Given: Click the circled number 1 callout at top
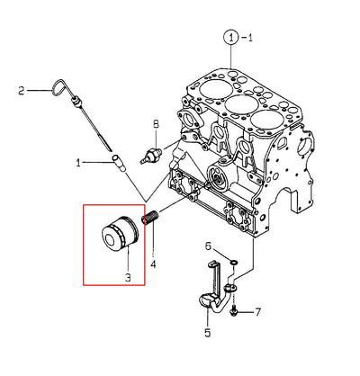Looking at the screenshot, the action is pos(230,38).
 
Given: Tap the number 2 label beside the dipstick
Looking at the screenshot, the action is pos(21,90).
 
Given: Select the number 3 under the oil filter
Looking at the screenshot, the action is pos(128,277).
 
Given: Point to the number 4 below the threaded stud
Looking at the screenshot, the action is pos(153,264).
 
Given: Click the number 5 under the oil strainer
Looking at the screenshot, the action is pos(208,333).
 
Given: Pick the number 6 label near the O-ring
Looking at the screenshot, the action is pos(208,246).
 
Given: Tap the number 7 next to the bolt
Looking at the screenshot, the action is pos(257,312).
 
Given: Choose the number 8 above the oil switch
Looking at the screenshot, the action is pos(156,124).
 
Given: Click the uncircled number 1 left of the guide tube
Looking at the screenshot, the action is pos(78,163).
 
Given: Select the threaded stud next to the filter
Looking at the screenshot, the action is pos(149,218).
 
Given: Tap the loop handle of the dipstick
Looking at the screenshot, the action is pos(59,87).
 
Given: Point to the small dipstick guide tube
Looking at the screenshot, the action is pos(118,164).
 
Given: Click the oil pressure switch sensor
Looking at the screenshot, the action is pos(151,156).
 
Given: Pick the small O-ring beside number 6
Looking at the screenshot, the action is pos(234,263).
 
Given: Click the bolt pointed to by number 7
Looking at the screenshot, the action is pos(233,312).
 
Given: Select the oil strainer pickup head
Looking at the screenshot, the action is pos(209,300).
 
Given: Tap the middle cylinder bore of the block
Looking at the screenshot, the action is pos(241,103).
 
